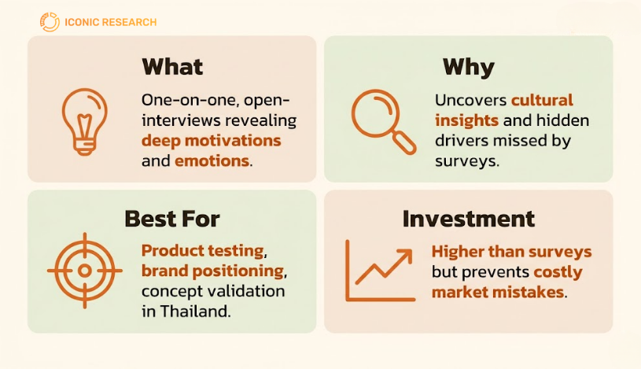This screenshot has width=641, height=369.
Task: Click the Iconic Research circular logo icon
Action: point(50,22)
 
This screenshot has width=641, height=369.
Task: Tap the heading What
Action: point(172,67)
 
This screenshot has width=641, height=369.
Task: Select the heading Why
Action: point(469,68)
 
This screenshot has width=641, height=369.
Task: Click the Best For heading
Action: point(172,219)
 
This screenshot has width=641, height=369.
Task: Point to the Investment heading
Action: point(469,219)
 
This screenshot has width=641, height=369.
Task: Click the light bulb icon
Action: point(85,122)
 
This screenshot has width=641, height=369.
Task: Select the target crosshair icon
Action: point(85,271)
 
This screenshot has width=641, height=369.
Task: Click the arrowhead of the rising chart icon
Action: point(405,255)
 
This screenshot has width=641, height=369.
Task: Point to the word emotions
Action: point(212,161)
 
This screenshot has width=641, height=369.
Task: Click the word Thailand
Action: point(195,312)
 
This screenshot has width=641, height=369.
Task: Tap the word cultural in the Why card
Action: point(542,100)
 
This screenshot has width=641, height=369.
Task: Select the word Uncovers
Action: point(470,100)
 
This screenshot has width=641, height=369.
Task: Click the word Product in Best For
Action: point(172,251)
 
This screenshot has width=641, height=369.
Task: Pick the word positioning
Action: point(238,271)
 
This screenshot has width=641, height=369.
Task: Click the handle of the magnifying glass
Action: point(404,142)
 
